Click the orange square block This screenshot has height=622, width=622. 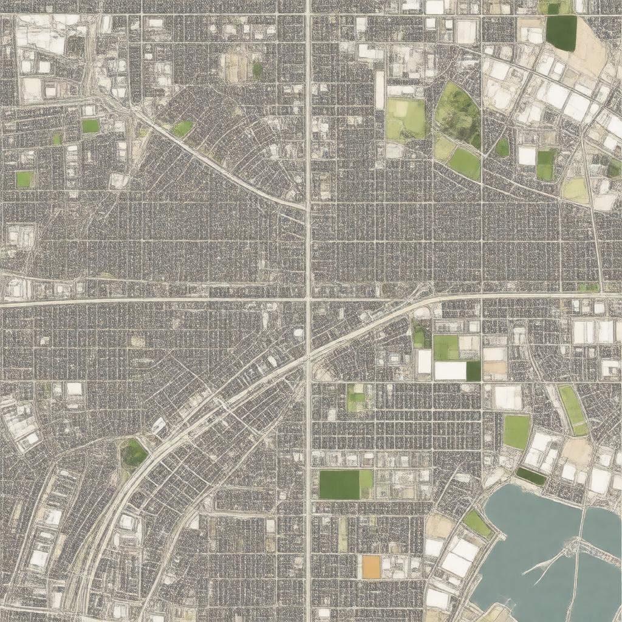[x=371, y=567]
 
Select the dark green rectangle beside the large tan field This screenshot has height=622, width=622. [x=561, y=32]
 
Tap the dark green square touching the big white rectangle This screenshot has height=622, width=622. [x=473, y=371]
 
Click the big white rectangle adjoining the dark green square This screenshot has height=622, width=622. [x=450, y=371]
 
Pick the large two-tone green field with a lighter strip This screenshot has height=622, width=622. [x=346, y=484]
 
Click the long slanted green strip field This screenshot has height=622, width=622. [x=572, y=410]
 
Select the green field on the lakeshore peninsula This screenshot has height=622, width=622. [x=477, y=523]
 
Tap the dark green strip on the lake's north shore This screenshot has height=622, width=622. [x=531, y=476]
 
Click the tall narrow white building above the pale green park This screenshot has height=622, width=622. [x=380, y=89]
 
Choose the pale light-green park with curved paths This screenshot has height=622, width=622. [x=406, y=118]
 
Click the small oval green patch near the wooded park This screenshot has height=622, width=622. [x=502, y=147]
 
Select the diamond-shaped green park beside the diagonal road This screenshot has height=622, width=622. [x=182, y=128]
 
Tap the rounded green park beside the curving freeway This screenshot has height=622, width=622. [x=134, y=453]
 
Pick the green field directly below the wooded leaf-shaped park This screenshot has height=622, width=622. [x=465, y=163]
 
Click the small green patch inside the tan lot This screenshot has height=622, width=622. [x=257, y=69]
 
